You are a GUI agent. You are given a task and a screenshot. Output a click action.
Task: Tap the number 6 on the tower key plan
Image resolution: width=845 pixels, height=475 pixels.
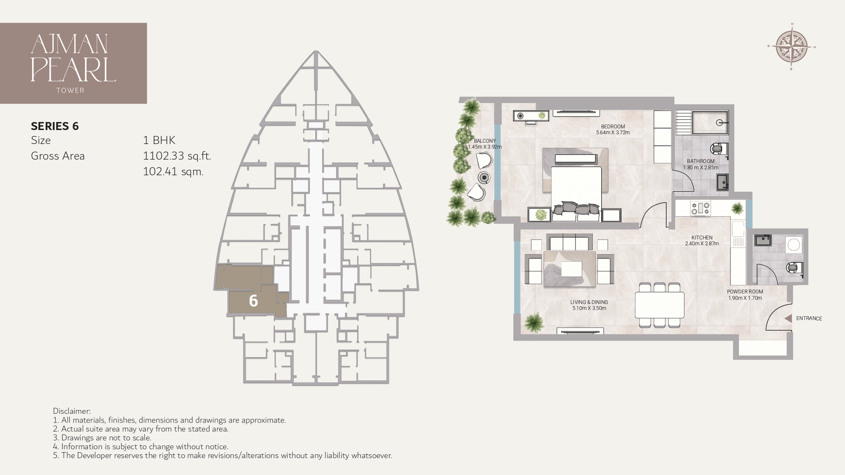[x=253, y=301]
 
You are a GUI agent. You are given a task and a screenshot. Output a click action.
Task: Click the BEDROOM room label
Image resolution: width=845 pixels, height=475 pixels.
[x=613, y=126]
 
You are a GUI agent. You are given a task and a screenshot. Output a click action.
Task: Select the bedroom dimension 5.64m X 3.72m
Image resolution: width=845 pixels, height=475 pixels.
[x=613, y=133]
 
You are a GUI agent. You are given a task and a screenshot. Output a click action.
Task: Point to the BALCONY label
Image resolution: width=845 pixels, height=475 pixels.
[x=485, y=141]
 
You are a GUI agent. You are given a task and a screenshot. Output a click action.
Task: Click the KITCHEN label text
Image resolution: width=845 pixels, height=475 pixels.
[x=702, y=238]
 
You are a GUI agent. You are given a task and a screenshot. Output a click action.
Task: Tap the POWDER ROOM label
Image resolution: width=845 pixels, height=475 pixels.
[x=745, y=292]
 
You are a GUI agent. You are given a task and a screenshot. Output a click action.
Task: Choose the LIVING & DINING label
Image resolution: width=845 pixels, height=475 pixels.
[x=589, y=302]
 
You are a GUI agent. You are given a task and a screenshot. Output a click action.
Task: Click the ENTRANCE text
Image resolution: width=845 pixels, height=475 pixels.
[x=809, y=318]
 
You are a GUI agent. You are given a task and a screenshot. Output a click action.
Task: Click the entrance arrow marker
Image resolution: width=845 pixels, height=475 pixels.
[x=788, y=319]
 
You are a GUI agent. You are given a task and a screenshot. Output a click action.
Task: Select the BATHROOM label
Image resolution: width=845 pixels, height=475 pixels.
[x=701, y=161]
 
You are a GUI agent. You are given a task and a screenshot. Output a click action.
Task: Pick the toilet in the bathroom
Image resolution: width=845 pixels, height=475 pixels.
[x=718, y=149]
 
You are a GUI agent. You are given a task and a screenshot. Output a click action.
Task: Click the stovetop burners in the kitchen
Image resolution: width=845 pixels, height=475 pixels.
[x=700, y=209]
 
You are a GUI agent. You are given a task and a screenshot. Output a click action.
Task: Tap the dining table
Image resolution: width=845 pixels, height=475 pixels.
[x=660, y=305]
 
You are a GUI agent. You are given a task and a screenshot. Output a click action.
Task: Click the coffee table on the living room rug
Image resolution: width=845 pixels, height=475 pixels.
[x=571, y=269]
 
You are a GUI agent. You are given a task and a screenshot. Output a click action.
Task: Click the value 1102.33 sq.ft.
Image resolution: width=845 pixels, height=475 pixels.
[x=177, y=156]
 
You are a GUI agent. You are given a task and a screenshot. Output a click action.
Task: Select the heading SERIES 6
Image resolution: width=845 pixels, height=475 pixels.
[x=55, y=126]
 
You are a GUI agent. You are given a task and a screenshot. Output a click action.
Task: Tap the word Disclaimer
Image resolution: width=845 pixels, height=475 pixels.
[x=72, y=411]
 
